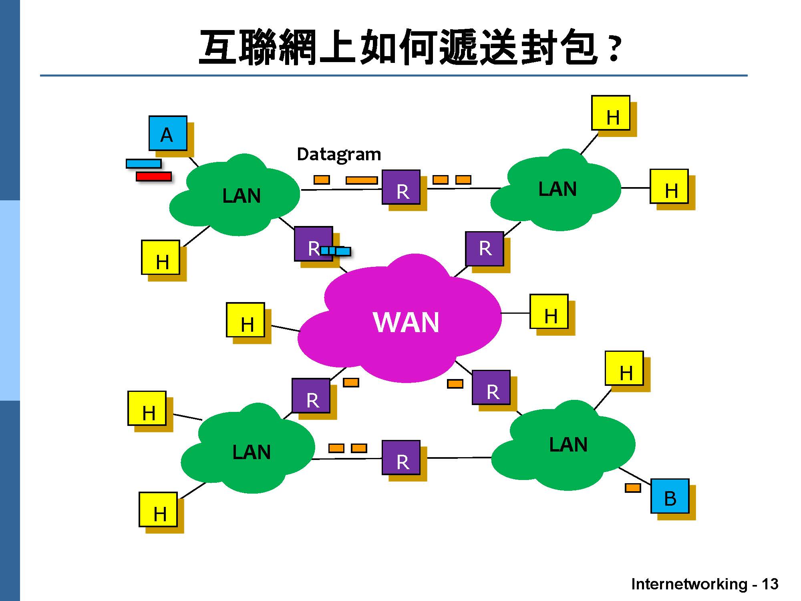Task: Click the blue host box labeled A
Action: [168, 133]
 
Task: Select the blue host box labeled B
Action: [670, 496]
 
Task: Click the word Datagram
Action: [339, 154]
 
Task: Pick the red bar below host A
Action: [154, 176]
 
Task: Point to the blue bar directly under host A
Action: [144, 163]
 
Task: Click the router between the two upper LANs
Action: [401, 187]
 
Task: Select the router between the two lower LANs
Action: [401, 458]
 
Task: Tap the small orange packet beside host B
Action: [633, 488]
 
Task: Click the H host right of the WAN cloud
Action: [549, 312]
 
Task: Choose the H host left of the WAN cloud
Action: [246, 320]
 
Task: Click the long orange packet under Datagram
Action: [362, 180]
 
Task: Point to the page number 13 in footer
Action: [770, 584]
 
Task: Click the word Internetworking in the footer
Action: [689, 584]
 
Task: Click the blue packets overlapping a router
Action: [336, 251]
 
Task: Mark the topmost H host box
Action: [611, 113]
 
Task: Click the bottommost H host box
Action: [158, 510]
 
